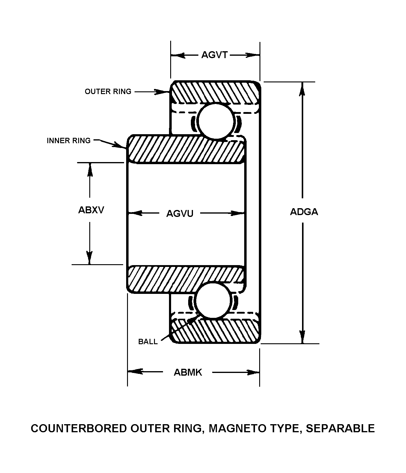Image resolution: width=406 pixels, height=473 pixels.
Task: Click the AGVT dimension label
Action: (x=215, y=55)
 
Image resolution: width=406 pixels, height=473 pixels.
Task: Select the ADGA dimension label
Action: (x=304, y=212)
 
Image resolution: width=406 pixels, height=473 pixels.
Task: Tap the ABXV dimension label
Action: (x=91, y=210)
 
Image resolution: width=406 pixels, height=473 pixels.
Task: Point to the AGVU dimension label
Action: (x=180, y=214)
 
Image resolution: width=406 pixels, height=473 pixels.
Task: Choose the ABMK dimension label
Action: (x=188, y=372)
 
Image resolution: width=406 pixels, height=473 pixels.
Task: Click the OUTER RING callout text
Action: (x=108, y=91)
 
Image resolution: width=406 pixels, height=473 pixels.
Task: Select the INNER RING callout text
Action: (x=69, y=140)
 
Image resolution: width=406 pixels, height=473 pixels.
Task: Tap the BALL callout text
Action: (x=148, y=342)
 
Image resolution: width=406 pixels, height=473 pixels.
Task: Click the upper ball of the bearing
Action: (x=216, y=121)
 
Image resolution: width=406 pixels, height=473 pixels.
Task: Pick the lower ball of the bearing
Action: (x=213, y=300)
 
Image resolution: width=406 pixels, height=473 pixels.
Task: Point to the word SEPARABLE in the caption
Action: (x=340, y=428)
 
